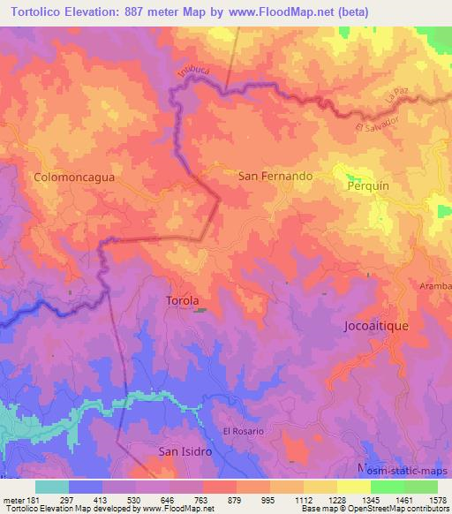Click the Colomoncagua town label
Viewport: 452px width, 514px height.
pos(74,177)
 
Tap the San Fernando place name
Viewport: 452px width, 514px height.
pos(275,176)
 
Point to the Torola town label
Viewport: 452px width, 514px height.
pos(183,300)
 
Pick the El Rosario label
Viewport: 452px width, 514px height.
pos(243,431)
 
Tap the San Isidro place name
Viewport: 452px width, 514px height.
pos(185,451)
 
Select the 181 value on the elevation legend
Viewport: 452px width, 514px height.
pos(29,499)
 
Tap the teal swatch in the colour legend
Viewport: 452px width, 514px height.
pos(51,487)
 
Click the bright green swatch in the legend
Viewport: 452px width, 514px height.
pos(387,487)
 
